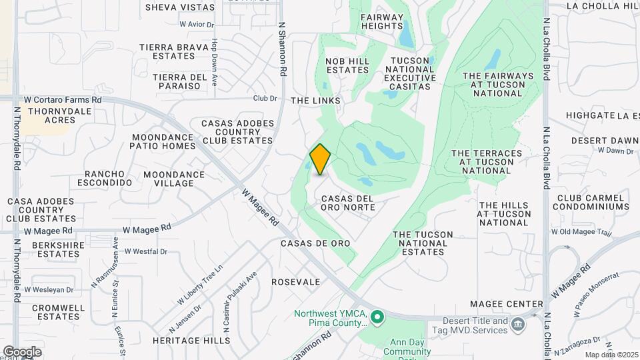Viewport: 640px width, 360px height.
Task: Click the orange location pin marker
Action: coord(321,159)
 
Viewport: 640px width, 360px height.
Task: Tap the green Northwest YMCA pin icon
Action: coord(377,316)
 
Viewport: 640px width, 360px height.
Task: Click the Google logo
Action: coord(22,352)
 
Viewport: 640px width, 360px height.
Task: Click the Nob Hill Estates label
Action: coord(347,65)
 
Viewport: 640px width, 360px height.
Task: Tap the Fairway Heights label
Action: coord(382,21)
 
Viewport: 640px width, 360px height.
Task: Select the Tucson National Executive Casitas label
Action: coord(410,69)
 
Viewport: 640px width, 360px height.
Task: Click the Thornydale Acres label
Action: coord(51,115)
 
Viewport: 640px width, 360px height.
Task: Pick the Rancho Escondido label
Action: coord(105,178)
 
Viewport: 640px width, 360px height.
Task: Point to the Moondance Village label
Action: coord(174,179)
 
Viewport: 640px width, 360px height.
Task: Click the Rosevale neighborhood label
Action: coord(296,282)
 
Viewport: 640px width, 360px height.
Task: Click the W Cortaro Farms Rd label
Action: coord(63,99)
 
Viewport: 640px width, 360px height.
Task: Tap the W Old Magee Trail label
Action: coord(581,232)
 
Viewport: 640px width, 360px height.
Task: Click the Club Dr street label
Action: coord(265,98)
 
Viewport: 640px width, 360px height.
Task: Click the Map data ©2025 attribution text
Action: coord(611,355)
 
